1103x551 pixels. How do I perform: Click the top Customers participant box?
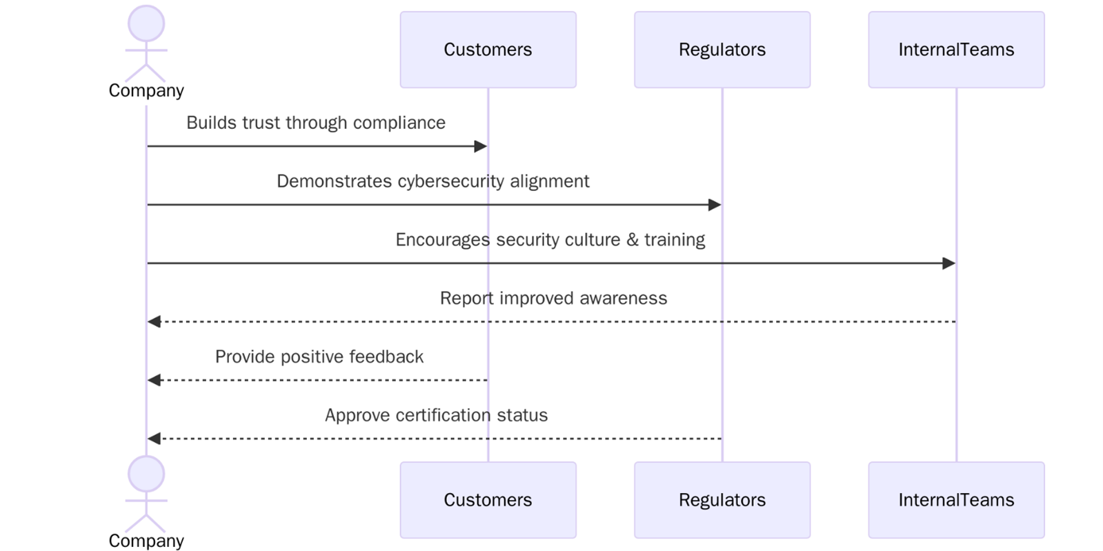(488, 50)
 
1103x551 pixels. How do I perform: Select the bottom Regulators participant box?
(722, 500)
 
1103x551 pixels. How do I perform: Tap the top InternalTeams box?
(955, 50)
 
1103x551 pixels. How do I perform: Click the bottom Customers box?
(488, 500)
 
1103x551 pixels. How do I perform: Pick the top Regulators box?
(722, 50)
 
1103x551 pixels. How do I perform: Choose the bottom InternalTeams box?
(955, 500)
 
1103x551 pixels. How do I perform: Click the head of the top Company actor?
(146, 23)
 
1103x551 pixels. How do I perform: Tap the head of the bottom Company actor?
(146, 474)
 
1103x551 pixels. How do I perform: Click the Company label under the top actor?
(146, 90)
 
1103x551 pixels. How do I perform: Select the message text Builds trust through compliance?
(316, 123)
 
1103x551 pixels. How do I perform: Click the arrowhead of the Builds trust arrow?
(481, 146)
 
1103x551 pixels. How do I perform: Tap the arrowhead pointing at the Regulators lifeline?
(715, 205)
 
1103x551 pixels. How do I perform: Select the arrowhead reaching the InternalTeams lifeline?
(948, 263)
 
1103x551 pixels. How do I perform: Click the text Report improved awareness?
(553, 298)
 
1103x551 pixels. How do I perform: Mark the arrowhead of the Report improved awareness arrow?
(155, 322)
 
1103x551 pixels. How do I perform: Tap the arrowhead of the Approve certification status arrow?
(155, 439)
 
